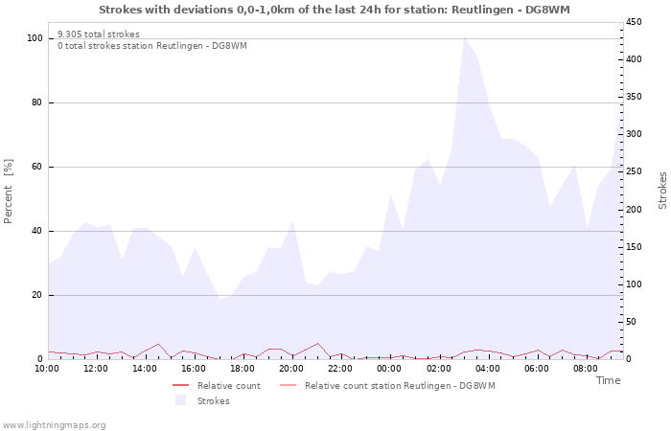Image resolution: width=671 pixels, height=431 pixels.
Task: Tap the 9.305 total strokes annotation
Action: (98, 34)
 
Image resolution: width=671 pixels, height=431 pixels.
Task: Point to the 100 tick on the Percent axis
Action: (35, 38)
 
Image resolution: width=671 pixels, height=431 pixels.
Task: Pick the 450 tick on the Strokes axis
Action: (635, 22)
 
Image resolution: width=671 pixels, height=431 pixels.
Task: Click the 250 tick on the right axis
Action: (635, 171)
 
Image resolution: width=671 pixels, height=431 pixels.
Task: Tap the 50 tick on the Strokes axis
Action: (632, 322)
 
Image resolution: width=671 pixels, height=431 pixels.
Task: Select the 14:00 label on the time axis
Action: (145, 368)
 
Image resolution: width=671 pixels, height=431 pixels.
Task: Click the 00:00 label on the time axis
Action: (389, 368)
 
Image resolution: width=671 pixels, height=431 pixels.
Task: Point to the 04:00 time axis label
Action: (487, 368)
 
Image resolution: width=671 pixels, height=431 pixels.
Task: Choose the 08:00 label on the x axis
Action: (585, 368)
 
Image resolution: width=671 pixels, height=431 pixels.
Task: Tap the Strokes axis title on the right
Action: (662, 191)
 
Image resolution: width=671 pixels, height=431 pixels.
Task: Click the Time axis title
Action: (608, 380)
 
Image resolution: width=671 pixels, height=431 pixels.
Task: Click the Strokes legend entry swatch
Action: (180, 400)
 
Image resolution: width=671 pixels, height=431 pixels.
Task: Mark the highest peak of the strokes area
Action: (465, 37)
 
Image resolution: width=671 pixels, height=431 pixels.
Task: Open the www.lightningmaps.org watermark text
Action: (55, 424)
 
